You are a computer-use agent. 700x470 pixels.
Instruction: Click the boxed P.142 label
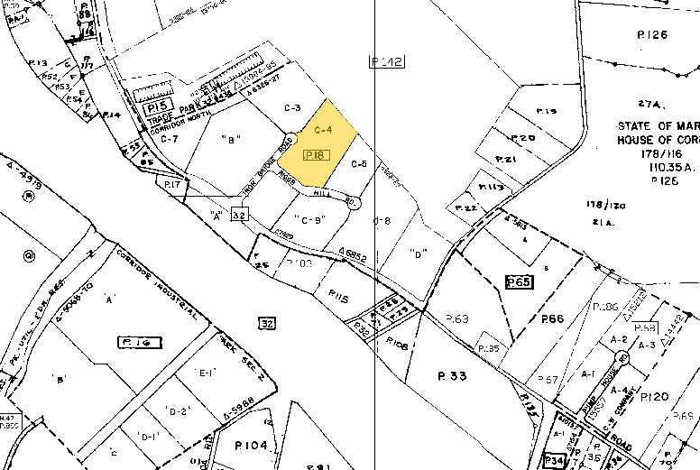coord(387,61)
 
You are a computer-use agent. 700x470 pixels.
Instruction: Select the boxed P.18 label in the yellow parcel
coord(315,156)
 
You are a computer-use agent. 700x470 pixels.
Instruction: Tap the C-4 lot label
coord(324,130)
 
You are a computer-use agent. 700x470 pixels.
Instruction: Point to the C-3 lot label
coord(291,108)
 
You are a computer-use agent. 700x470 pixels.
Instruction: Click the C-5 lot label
coord(358,164)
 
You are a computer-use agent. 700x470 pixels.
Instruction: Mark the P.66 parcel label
coord(552,318)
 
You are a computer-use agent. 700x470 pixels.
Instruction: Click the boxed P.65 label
coord(520,282)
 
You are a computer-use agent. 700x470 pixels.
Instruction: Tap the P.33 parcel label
coord(454,375)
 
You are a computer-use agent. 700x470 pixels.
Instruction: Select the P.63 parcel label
coord(457,319)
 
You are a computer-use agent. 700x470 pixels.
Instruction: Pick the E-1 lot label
coord(205,371)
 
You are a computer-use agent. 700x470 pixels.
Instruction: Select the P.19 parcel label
coord(547,111)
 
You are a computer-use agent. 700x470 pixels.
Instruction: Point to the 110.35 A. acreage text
coord(656,168)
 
